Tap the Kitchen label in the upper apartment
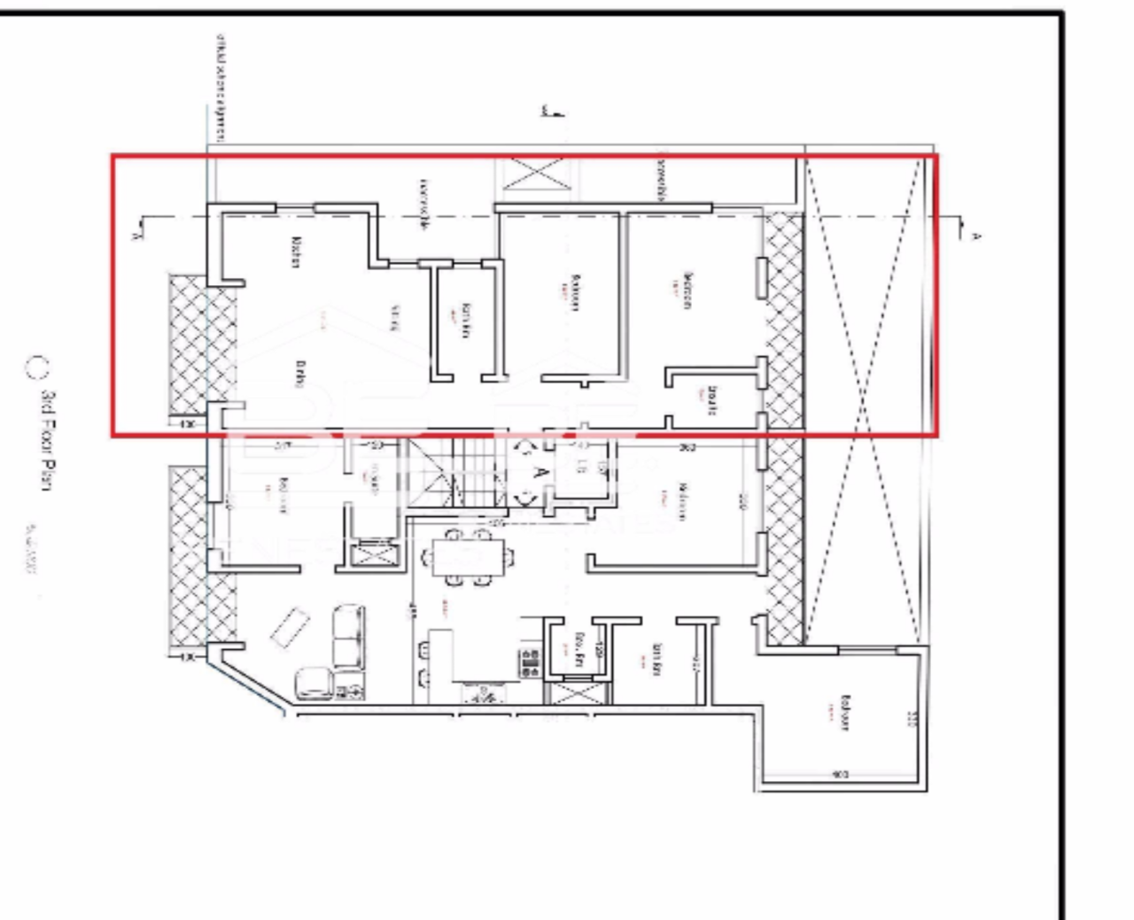pos(298,253)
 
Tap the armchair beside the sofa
pos(312,683)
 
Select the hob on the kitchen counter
pos(531,662)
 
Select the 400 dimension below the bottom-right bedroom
pos(840,775)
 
